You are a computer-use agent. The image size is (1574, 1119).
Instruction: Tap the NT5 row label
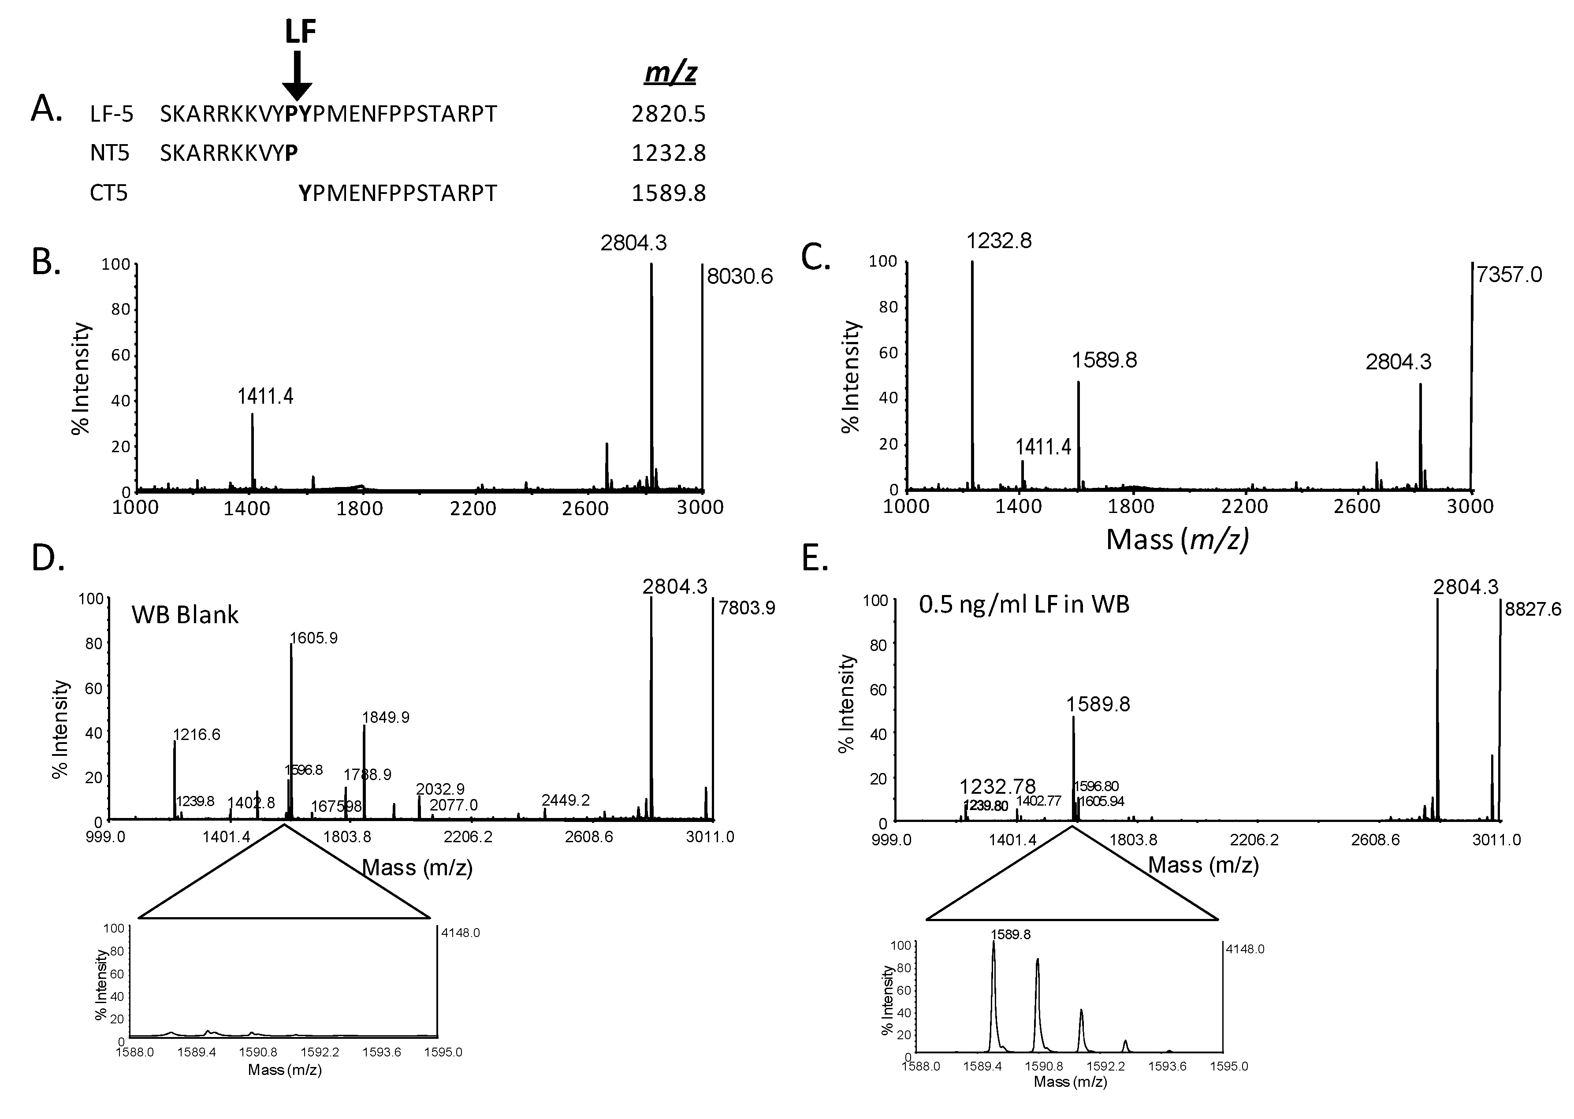click(110, 153)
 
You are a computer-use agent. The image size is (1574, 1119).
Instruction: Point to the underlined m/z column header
click(670, 72)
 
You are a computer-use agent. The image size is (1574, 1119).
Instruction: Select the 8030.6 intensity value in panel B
click(740, 276)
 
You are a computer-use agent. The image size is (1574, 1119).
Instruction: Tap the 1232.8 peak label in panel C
click(998, 241)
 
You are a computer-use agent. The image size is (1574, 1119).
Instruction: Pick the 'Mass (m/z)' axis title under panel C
click(1177, 539)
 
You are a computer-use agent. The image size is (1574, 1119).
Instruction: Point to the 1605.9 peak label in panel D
click(313, 638)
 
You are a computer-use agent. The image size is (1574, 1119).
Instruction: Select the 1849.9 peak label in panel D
click(386, 718)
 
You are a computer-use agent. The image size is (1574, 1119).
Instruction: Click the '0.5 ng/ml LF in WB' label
click(1023, 604)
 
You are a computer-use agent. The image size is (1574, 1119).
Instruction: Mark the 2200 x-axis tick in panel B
click(473, 509)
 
